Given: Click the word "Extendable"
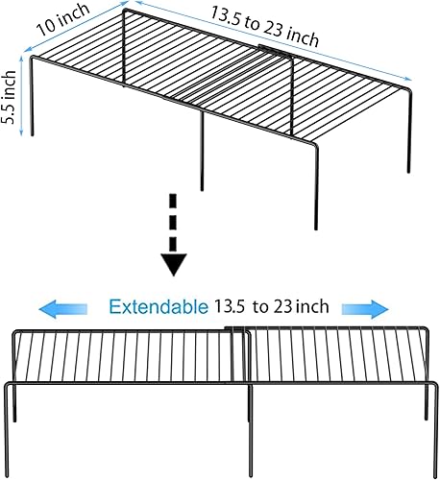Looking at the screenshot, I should (158, 307).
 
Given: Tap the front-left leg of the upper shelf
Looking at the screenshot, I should (34, 96).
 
